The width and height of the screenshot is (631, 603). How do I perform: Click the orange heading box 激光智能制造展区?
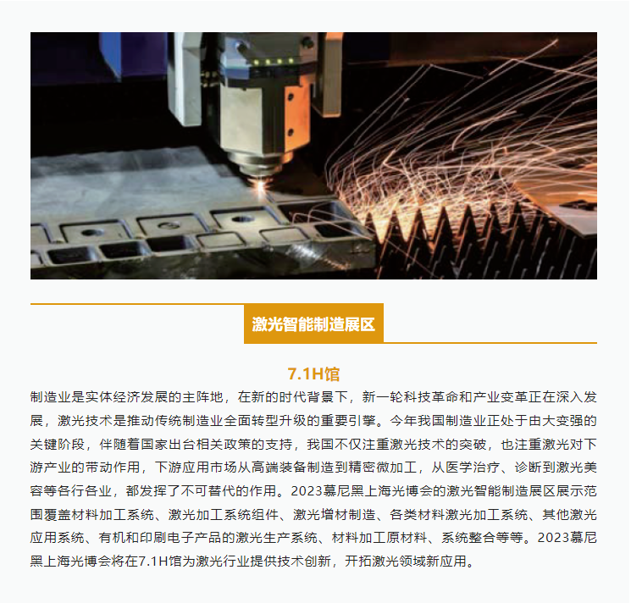click(313, 324)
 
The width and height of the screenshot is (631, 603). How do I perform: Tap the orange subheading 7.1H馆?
click(313, 374)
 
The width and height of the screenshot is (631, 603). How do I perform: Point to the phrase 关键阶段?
click(58, 444)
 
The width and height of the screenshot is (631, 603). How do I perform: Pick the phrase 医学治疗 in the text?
click(473, 467)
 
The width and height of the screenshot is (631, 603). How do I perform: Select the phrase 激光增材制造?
click(335, 514)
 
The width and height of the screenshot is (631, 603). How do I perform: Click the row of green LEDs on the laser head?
click(273, 62)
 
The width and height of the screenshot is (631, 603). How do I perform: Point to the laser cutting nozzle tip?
click(259, 174)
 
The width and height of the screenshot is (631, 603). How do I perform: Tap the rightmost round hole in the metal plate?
click(242, 219)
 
